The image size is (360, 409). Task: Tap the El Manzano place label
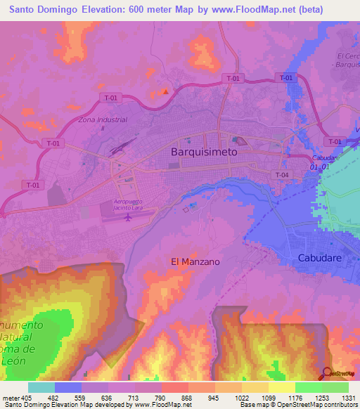coord(195,261)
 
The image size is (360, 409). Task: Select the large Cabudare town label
coord(319,257)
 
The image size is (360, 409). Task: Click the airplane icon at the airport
coord(128,216)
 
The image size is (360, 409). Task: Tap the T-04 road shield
coord(282,174)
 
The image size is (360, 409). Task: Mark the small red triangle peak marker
coord(166,91)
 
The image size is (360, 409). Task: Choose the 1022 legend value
coord(242,397)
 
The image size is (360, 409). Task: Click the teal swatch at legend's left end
coord(41,387)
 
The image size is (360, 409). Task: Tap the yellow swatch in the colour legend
coord(281,387)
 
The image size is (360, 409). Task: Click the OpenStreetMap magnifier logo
coord(327,373)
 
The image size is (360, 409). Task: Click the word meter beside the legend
coord(11,397)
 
